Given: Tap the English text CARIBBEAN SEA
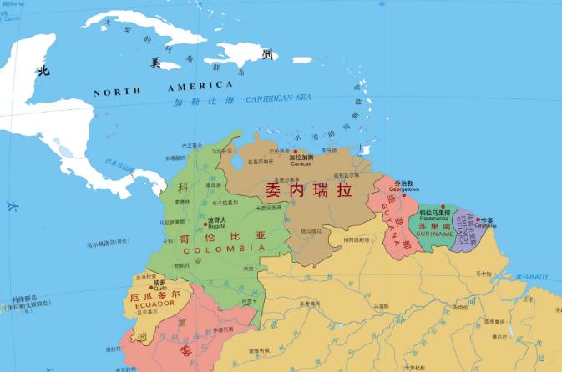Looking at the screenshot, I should [x=278, y=98].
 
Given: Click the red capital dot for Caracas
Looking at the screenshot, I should [x=295, y=152].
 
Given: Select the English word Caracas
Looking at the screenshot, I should [x=301, y=163].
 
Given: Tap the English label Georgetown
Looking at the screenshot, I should [x=403, y=189].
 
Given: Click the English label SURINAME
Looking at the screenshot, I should [x=436, y=234].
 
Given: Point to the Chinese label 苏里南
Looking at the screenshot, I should [x=436, y=226].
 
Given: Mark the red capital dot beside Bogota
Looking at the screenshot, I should [x=205, y=224].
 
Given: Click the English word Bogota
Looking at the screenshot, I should [x=216, y=225].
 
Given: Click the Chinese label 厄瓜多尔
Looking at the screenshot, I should [x=155, y=296].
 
